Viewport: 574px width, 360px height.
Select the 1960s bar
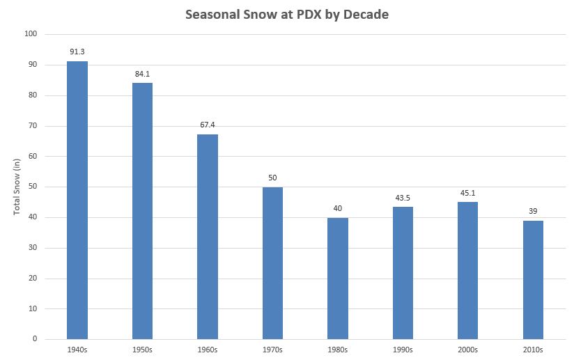point(208,237)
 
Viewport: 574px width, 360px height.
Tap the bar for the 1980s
point(338,279)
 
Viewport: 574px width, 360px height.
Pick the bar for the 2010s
point(533,280)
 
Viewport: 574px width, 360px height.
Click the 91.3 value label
point(77,51)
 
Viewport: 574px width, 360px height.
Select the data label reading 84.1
point(142,72)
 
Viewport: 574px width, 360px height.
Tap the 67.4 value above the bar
point(208,124)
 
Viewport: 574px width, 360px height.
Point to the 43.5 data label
point(403,196)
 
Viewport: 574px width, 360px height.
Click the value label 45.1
point(468,192)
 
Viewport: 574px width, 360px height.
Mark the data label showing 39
point(533,210)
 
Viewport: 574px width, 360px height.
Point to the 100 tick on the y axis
point(31,34)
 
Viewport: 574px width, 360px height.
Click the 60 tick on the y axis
point(33,157)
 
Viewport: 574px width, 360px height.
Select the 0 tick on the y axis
point(35,339)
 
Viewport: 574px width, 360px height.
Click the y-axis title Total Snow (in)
point(17,187)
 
